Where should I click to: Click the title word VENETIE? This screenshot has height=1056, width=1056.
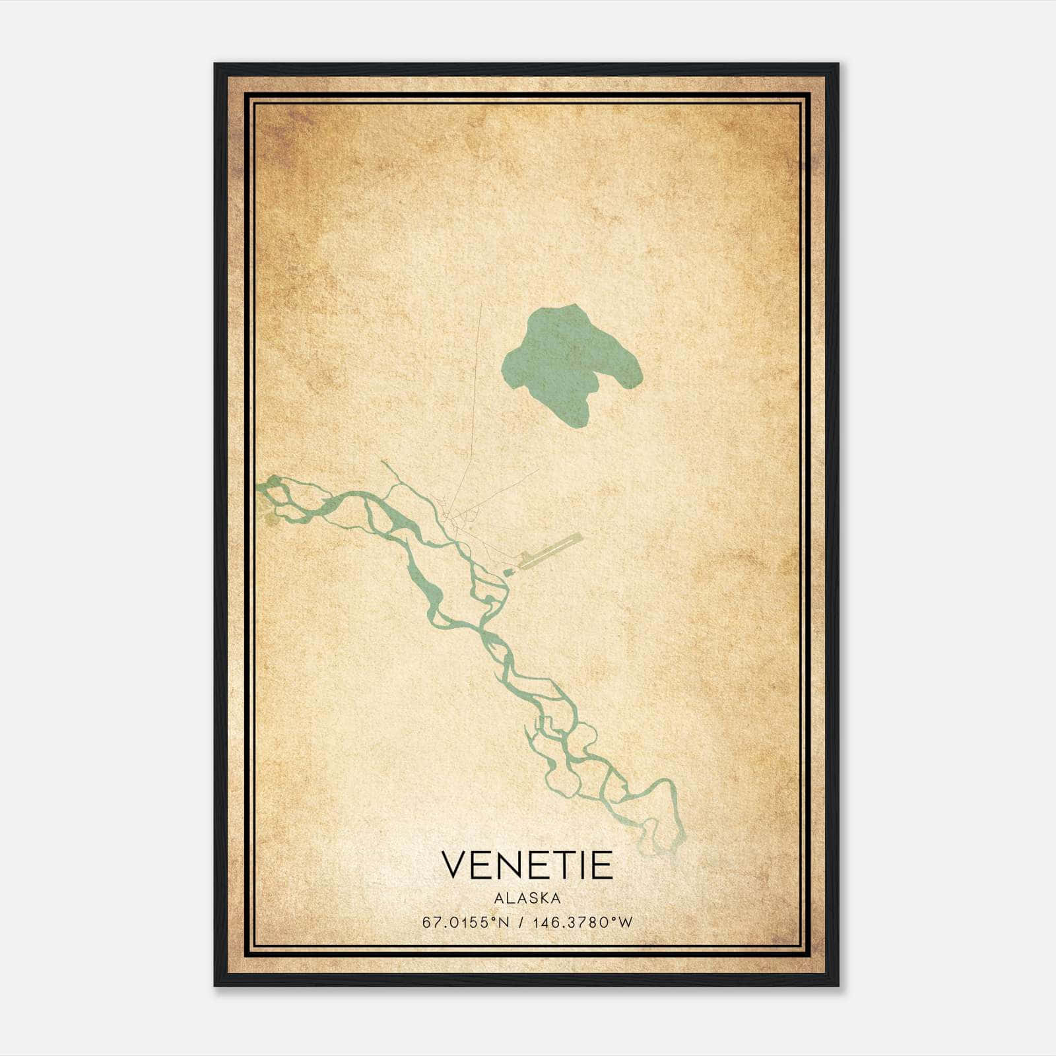pos(527,865)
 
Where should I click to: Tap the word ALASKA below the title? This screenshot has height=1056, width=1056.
pos(527,898)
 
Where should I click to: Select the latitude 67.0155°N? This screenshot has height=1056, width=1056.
pos(466,923)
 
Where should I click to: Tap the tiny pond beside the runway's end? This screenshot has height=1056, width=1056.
pos(509,572)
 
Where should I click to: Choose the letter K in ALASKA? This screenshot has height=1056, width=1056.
pos(543,898)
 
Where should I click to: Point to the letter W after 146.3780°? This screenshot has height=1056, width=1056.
pos(626,923)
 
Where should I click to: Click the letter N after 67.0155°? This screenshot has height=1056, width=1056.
pos(504,923)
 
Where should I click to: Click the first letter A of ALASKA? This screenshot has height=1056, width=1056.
pos(498,898)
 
